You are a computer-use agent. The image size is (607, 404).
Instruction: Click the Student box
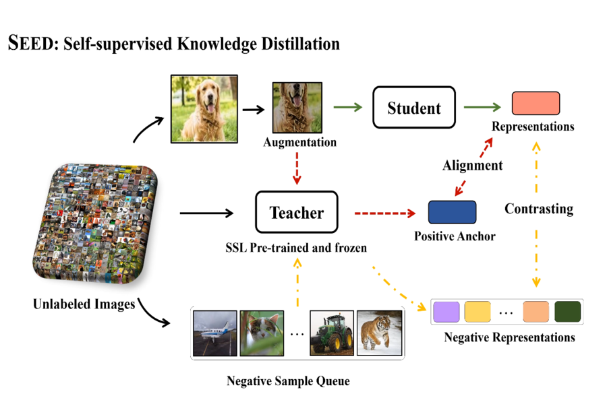coord(414,108)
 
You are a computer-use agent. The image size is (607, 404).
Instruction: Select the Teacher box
coord(297,213)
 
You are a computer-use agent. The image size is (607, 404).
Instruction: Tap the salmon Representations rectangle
coord(536,103)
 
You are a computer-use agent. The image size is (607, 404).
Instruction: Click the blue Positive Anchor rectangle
coord(452,212)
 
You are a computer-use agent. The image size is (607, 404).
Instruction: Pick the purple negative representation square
coord(446,312)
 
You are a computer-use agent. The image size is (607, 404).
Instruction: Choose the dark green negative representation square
coord(567,312)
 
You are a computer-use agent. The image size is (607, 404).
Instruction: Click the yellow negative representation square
coord(477,312)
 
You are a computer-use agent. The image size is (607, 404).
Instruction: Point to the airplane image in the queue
coord(214,332)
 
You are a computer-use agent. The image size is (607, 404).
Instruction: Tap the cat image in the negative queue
coord(262,332)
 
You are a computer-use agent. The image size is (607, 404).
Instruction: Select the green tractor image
coord(332,332)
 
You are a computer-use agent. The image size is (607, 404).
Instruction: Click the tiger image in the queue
coord(379,332)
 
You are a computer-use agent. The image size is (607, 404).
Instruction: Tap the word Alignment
coord(472,165)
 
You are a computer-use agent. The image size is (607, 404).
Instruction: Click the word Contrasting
coord(539,209)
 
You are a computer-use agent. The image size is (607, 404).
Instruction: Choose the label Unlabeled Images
coord(84,304)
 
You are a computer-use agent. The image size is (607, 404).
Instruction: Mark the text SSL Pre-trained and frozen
coord(296,248)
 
